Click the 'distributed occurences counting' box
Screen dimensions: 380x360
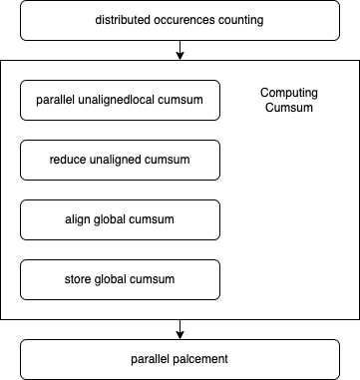(180, 20)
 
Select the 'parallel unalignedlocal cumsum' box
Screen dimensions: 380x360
(120, 101)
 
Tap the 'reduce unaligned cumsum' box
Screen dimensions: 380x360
(120, 159)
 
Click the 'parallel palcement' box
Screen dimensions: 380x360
(180, 358)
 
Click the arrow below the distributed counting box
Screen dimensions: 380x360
(180, 50)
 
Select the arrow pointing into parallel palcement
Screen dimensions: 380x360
(180, 329)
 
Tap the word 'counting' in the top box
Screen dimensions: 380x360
(241, 21)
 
